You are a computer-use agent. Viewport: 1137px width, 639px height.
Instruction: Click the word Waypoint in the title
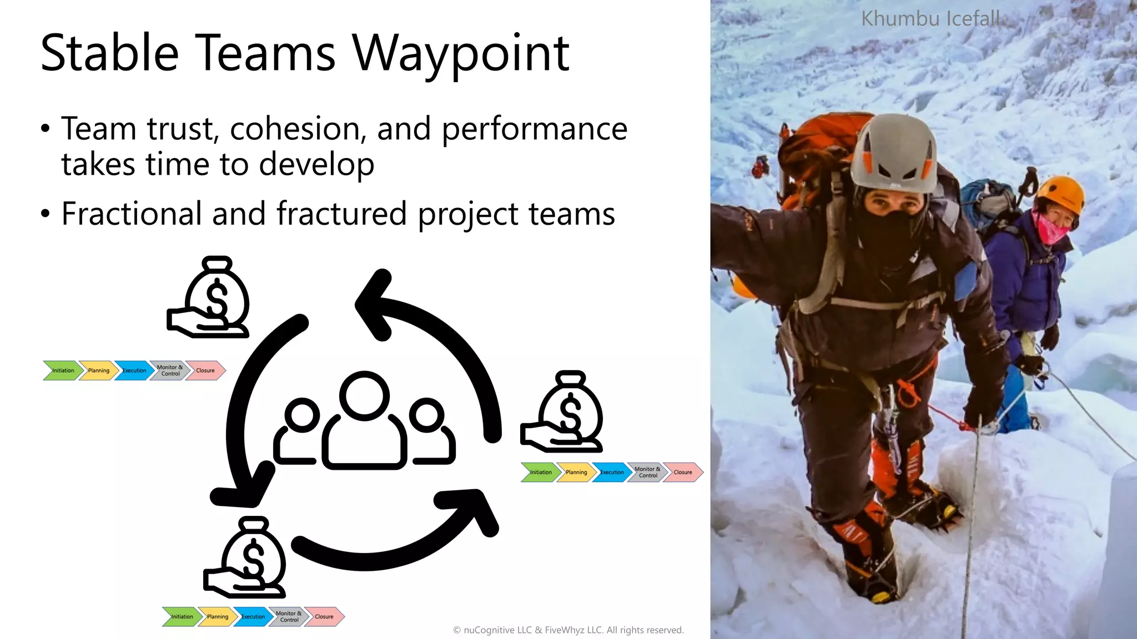tap(461, 54)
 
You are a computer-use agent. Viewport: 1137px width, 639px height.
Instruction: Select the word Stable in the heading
tap(109, 54)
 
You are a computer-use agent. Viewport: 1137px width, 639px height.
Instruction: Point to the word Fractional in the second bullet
tap(132, 214)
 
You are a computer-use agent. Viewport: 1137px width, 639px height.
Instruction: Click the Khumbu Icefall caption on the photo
tap(930, 19)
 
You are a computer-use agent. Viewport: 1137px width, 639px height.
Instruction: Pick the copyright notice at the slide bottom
tap(568, 630)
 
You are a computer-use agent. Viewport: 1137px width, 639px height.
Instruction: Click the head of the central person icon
tap(364, 395)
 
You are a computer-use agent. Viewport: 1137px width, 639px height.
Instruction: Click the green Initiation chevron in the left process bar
tap(62, 371)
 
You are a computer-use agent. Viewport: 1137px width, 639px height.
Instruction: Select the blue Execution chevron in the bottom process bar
tap(253, 617)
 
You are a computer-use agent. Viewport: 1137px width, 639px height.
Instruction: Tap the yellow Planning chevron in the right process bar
tap(576, 473)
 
